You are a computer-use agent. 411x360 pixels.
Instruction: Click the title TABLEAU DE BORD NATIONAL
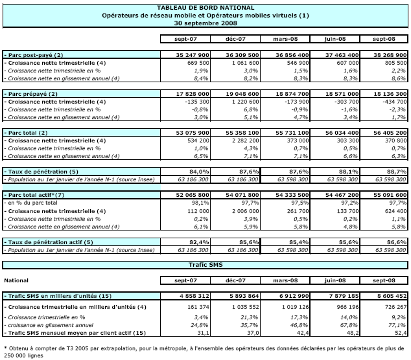(205, 6)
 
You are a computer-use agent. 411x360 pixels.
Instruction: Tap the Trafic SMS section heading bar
(205, 264)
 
